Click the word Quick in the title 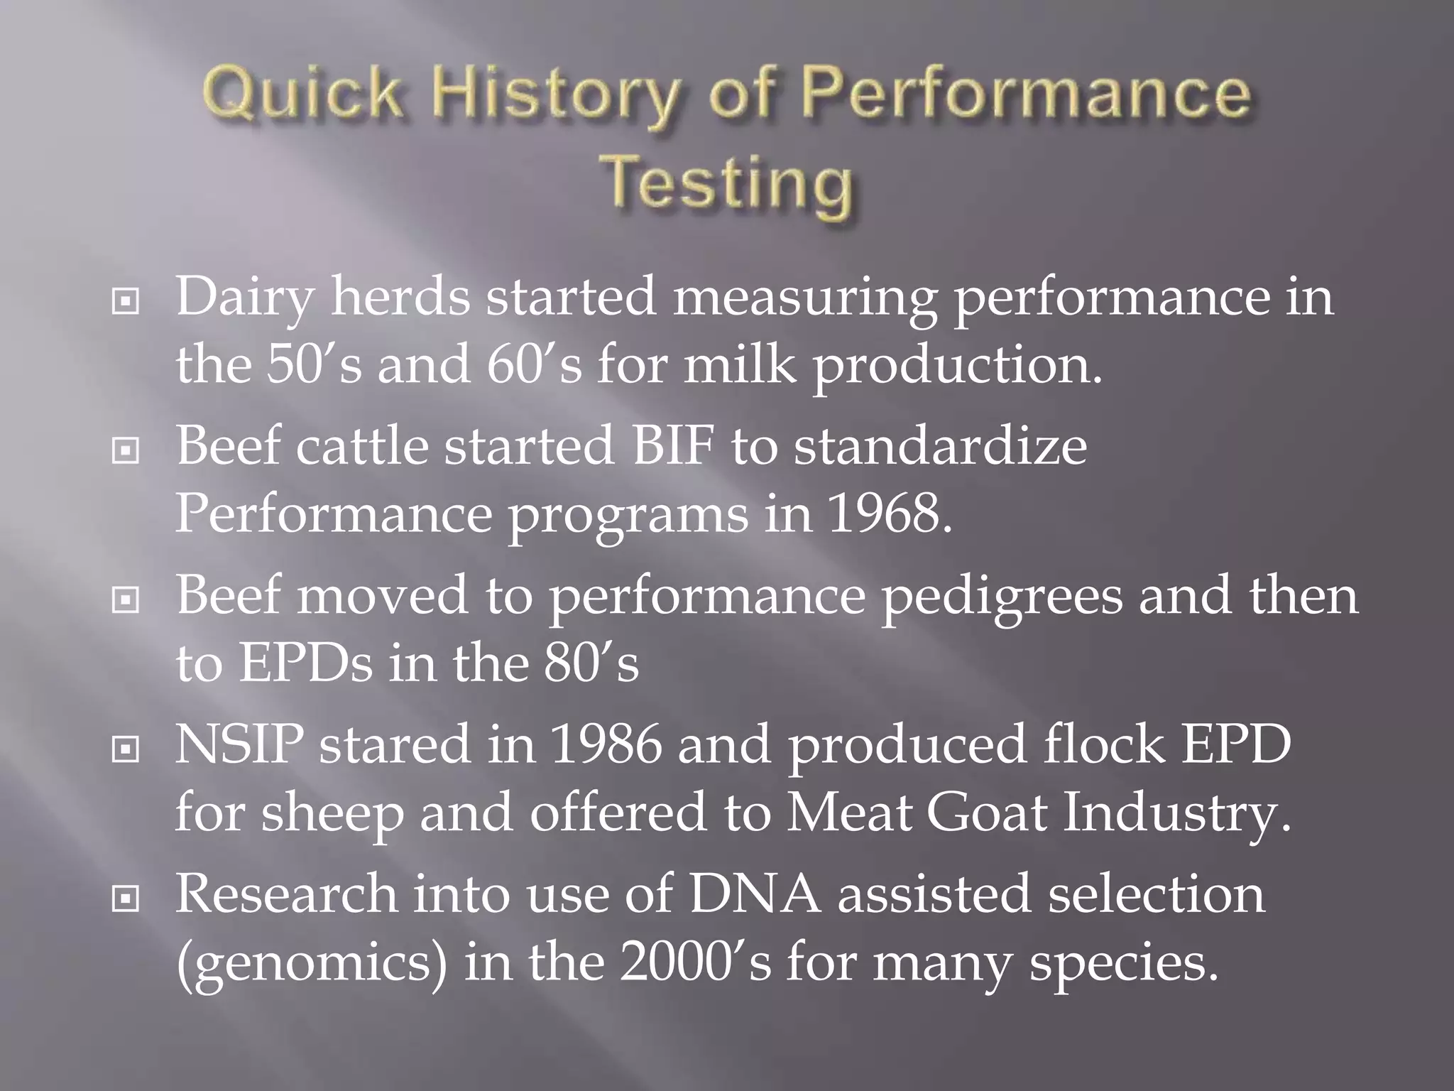pos(301,94)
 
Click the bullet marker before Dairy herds pos(125,302)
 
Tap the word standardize pos(940,446)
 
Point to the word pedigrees pos(1002,597)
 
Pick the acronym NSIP pos(239,745)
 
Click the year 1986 pos(606,745)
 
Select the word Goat pos(987,813)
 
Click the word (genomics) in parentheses pos(312,963)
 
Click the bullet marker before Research pos(125,899)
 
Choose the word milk pos(739,365)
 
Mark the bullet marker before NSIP pos(125,749)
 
